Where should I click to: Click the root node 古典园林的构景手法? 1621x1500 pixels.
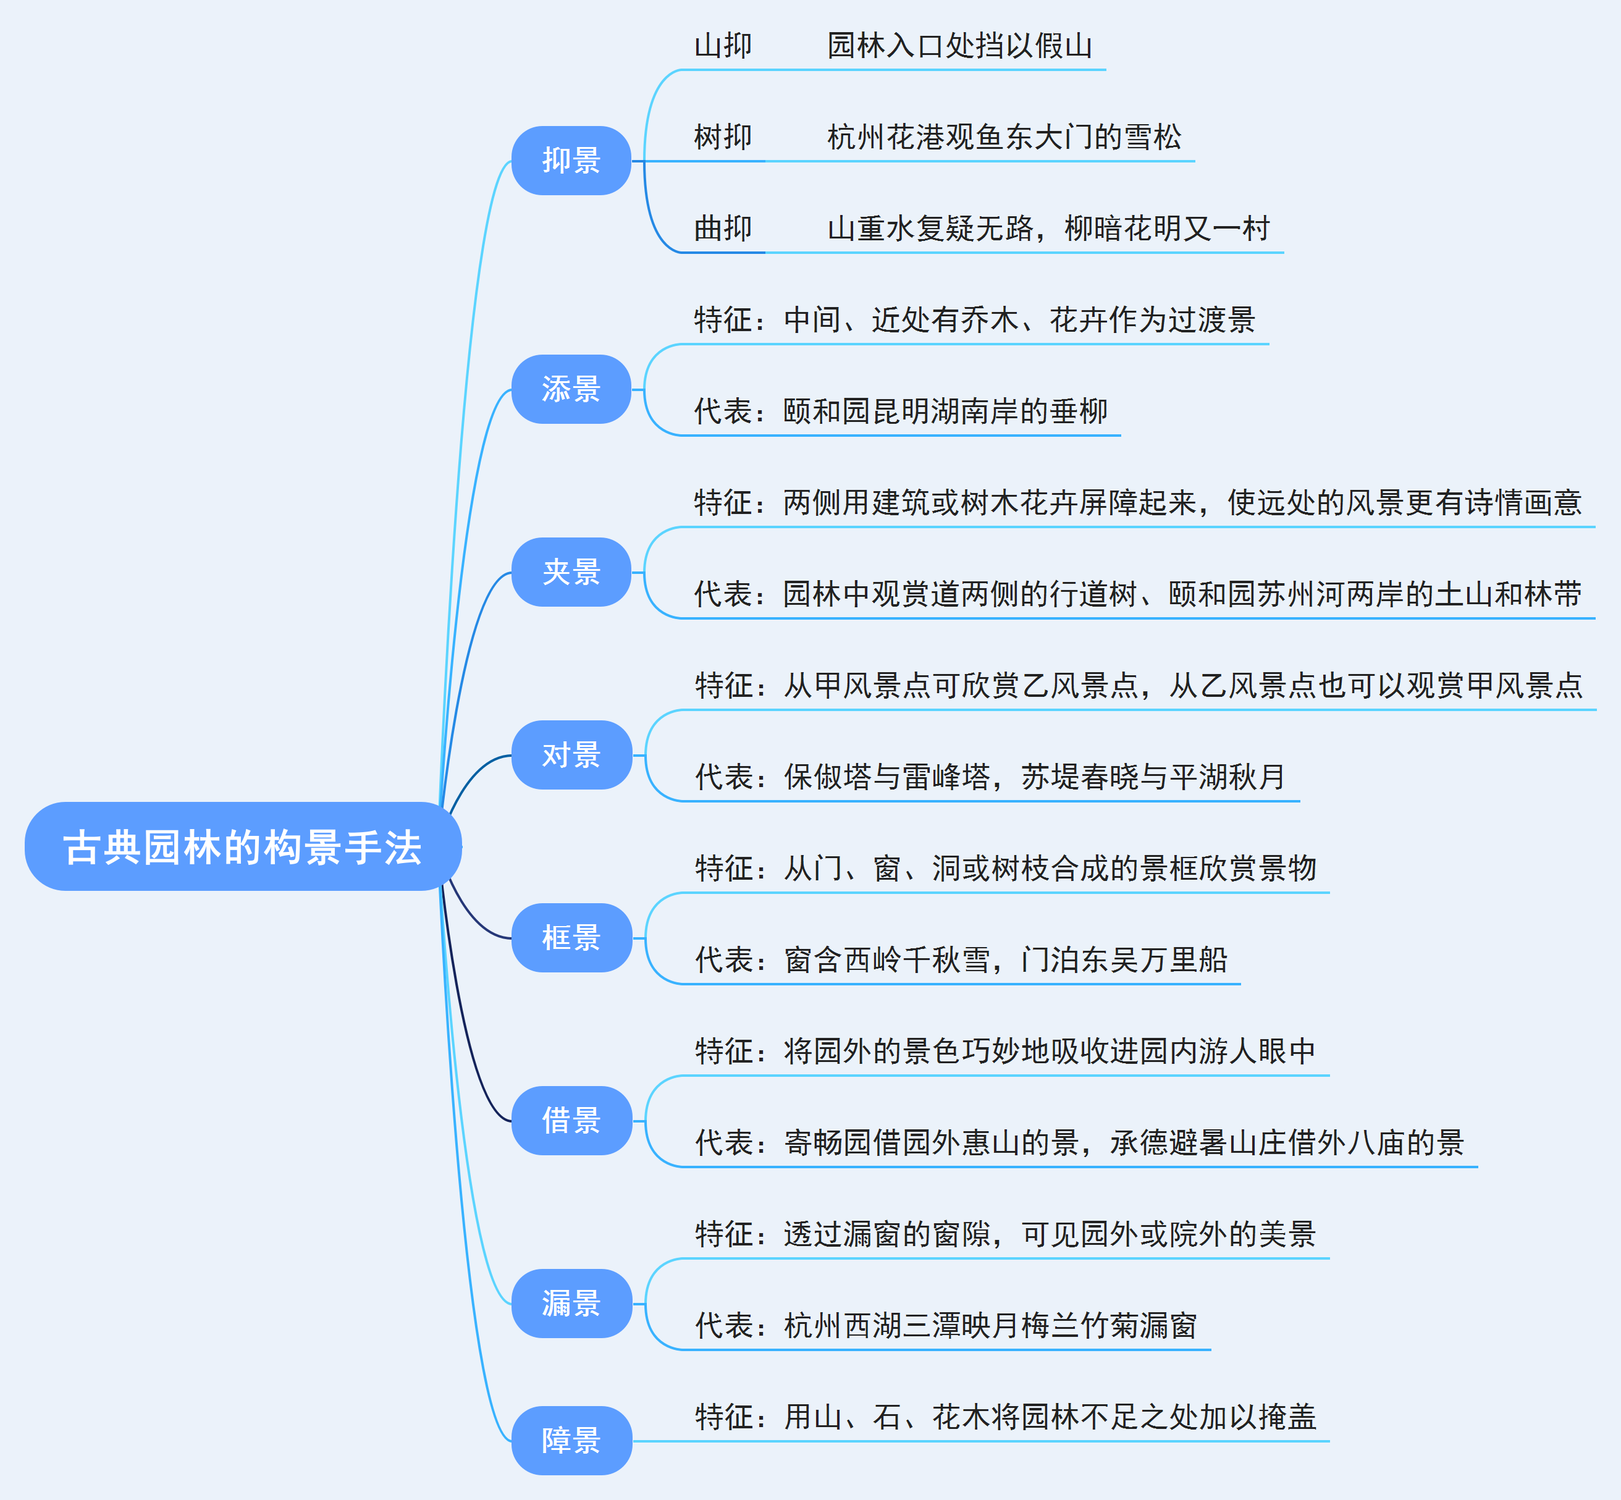point(243,846)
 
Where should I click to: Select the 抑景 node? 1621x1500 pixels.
point(571,161)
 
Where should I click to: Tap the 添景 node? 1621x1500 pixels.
point(571,389)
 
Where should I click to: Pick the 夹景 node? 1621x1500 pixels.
point(571,572)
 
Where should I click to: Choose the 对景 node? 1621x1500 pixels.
point(571,755)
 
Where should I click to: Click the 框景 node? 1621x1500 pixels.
point(571,938)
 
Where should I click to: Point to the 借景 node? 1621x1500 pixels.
point(571,1121)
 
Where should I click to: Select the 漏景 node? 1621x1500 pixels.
point(571,1304)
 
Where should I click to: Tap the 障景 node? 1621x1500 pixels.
point(571,1441)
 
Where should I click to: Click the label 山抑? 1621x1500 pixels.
point(723,46)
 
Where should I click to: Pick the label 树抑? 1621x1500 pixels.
point(723,137)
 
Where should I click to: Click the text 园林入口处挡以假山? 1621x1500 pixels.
point(959,46)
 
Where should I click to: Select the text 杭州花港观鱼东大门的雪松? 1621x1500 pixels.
point(1004,137)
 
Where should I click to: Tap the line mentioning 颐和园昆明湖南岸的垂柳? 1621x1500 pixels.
point(901,411)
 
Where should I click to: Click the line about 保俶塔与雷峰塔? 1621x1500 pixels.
point(990,777)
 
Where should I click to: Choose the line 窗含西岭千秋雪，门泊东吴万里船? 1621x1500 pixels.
point(961,960)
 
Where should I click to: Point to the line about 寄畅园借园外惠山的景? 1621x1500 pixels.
point(1080,1143)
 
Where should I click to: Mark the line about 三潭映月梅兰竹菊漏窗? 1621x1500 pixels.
point(946,1326)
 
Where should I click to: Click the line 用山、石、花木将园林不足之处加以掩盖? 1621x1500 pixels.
point(1005,1417)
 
